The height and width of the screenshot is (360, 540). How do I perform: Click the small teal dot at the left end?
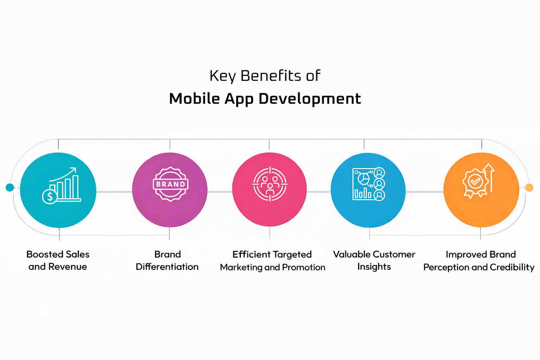pyautogui.click(x=10, y=187)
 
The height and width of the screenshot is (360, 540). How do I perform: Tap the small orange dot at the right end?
pyautogui.click(x=529, y=187)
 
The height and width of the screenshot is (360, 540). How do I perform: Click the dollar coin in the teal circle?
pyautogui.click(x=50, y=197)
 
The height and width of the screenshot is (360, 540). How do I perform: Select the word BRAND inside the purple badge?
pyautogui.click(x=171, y=184)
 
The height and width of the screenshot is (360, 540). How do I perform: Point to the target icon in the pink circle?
pyautogui.click(x=270, y=184)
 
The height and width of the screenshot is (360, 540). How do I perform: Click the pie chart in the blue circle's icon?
pyautogui.click(x=364, y=178)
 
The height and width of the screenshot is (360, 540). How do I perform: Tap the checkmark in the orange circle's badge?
pyautogui.click(x=475, y=181)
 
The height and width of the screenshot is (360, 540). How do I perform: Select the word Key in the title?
pyautogui.click(x=223, y=76)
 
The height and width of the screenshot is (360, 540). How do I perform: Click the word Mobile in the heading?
pyautogui.click(x=194, y=99)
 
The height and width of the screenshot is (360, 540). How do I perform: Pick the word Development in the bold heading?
pyautogui.click(x=310, y=99)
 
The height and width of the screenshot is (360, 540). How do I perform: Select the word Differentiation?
pyautogui.click(x=167, y=266)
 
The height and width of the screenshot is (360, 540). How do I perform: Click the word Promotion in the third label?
pyautogui.click(x=304, y=267)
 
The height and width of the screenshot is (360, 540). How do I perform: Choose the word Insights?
pyautogui.click(x=374, y=267)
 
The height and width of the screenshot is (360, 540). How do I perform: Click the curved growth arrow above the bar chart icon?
pyautogui.click(x=63, y=174)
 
